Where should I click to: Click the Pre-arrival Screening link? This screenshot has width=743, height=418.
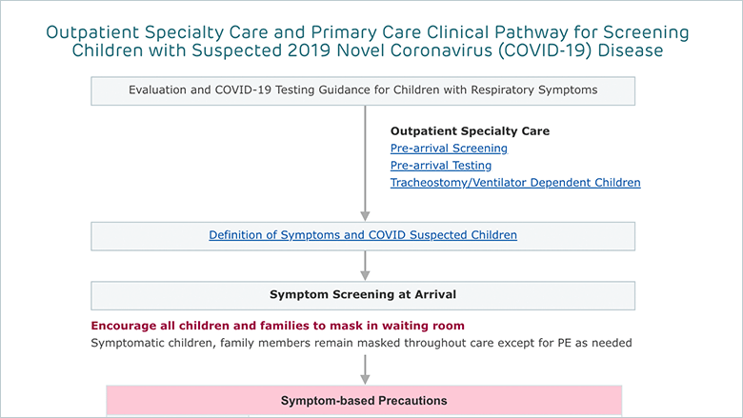point(449,149)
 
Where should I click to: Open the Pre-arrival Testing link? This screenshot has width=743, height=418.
point(441,166)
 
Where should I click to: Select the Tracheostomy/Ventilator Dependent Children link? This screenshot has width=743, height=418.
point(515,182)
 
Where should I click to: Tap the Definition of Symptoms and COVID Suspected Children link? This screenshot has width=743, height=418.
point(363,235)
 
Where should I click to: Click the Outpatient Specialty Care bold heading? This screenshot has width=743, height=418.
point(470,131)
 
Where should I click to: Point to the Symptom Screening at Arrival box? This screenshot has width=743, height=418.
point(363,295)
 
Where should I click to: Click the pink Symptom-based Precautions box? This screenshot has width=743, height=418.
point(364,401)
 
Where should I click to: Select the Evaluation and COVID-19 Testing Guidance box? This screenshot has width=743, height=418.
point(363,90)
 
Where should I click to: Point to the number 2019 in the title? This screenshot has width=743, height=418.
point(309,50)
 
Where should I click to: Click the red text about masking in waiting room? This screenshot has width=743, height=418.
point(278,326)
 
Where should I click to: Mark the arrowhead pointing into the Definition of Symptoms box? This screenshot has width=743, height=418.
point(365,216)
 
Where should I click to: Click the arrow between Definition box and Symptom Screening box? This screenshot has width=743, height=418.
point(365,266)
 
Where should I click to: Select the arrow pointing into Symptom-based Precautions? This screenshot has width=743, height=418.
point(365,369)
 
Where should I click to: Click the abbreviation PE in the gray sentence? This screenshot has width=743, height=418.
point(564,343)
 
